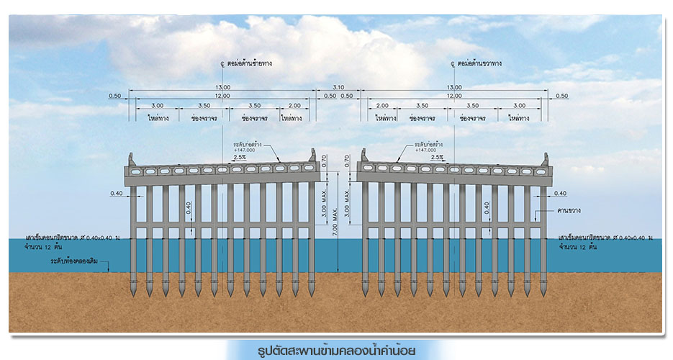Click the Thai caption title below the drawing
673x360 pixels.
336,351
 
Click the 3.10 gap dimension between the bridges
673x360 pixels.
338,87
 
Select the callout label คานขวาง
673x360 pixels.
569,210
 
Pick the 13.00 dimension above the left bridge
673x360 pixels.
222,87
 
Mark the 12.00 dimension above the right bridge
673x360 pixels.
453,96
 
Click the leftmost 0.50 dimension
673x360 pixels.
114,96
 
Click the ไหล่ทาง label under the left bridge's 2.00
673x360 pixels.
292,117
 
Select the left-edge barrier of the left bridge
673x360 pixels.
130,158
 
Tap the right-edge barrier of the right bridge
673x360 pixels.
545,158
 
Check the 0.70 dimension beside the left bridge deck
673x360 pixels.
325,162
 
